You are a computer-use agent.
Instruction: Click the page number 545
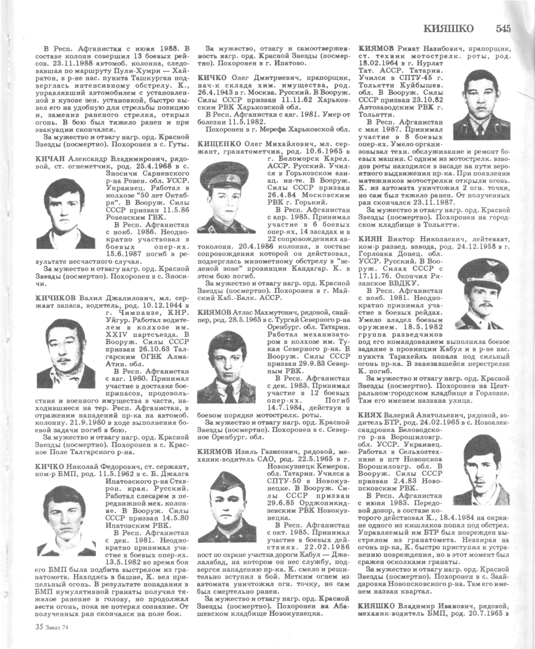503,29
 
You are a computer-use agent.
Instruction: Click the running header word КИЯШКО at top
449,29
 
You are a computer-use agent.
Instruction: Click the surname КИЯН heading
370,239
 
